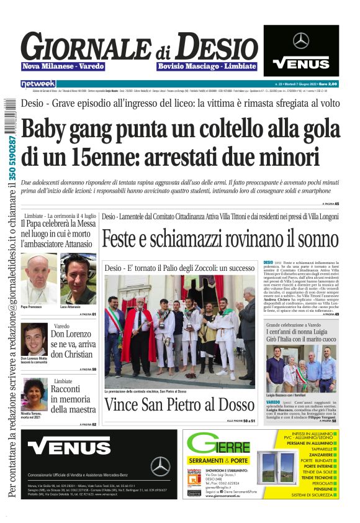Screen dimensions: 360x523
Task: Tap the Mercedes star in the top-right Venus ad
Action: (x=301, y=40)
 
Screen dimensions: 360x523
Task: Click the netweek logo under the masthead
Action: (x=38, y=83)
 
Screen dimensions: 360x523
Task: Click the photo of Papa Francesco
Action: (x=38, y=279)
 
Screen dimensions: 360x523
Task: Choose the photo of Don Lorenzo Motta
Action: (x=35, y=339)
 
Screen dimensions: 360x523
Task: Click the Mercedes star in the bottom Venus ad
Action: (x=160, y=466)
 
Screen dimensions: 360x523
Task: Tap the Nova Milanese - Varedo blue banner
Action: (x=63, y=66)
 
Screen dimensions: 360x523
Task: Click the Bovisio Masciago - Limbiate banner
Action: (x=207, y=66)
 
